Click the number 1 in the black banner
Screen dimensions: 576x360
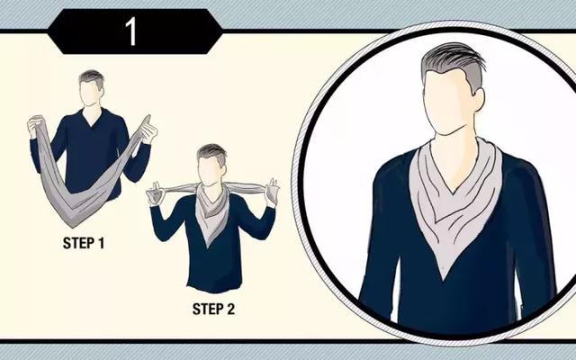click(131, 32)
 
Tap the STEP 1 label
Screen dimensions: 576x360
click(84, 243)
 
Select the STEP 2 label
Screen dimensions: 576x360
click(213, 309)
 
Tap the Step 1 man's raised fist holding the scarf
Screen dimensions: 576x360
click(36, 125)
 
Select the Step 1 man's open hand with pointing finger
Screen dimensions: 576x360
click(148, 130)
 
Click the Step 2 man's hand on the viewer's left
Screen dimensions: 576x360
click(156, 193)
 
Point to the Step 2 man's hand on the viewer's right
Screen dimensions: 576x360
click(272, 190)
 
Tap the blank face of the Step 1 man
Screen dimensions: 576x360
click(89, 94)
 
